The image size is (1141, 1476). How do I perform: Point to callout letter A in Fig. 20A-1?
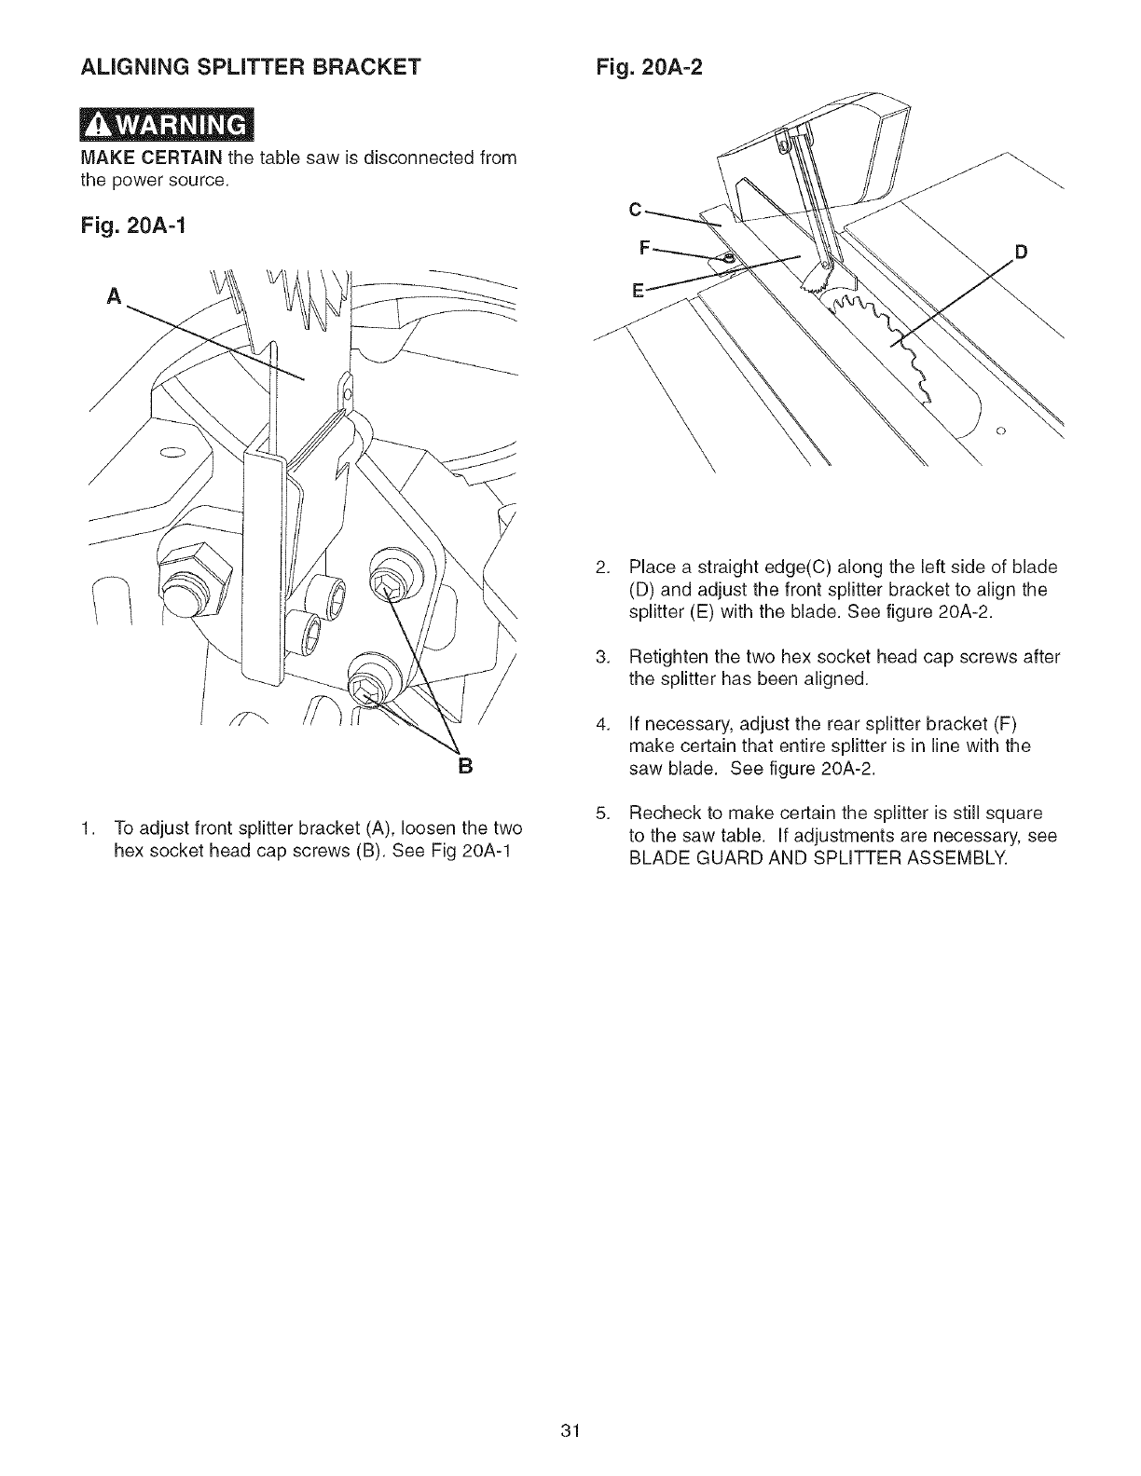pos(115,295)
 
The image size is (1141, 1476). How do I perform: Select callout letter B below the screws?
pos(465,766)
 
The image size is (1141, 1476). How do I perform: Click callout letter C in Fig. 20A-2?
pos(636,210)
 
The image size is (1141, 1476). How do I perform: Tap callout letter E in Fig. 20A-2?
pos(638,290)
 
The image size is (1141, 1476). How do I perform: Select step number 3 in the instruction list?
pos(602,657)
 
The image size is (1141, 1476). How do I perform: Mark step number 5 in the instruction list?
pos(602,812)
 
